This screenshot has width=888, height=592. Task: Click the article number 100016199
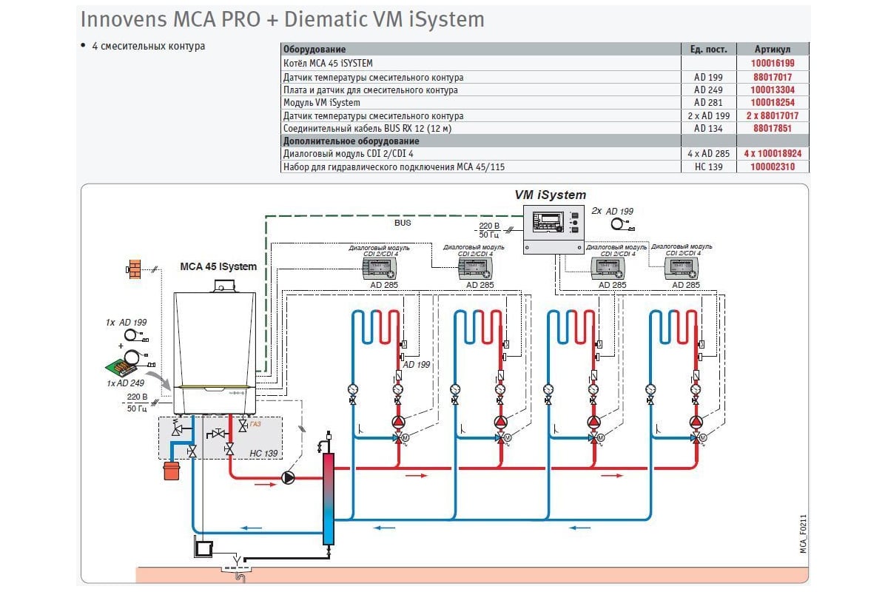773,64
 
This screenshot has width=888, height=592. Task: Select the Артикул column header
773,49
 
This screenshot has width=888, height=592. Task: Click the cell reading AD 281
708,103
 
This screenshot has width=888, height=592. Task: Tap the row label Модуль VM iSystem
322,103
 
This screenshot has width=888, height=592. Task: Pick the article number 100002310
773,167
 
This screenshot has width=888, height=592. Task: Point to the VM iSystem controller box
554,229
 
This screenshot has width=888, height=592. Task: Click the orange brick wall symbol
135,269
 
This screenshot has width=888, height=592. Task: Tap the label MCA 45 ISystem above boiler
218,266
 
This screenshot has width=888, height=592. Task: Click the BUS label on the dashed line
403,222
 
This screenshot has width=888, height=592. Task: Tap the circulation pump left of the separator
288,478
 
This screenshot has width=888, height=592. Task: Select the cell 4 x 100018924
773,154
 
